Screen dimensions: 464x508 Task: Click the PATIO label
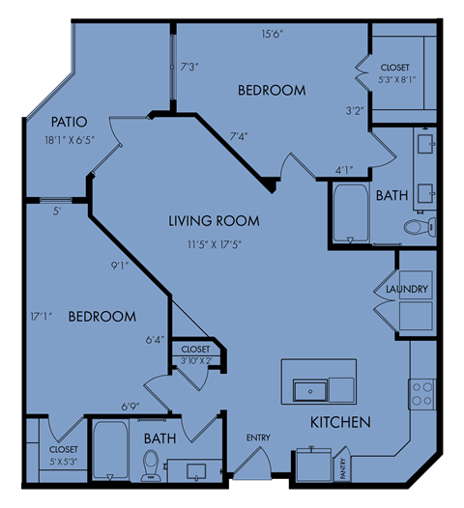[69, 122]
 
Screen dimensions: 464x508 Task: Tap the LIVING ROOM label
[214, 221]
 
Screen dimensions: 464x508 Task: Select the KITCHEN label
[340, 422]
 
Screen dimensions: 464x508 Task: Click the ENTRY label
[258, 437]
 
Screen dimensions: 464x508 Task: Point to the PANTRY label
[343, 468]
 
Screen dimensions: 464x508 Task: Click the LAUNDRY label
[407, 289]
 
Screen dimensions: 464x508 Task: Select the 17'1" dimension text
[42, 317]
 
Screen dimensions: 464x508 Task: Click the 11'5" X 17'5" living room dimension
[215, 244]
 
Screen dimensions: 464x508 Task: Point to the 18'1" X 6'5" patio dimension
[70, 140]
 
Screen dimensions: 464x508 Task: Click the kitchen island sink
[310, 391]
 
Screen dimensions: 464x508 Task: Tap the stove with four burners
[422, 394]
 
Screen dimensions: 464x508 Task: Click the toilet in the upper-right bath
[420, 227]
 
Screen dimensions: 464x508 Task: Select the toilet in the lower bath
[150, 466]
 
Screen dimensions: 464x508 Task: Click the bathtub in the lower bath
[110, 449]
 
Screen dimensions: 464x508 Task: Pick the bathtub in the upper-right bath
[351, 212]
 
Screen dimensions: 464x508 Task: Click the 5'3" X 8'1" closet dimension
[397, 80]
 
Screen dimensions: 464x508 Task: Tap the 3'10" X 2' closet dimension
[196, 360]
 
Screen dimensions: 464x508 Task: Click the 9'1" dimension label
[120, 266]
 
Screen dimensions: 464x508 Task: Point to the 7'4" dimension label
[239, 136]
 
